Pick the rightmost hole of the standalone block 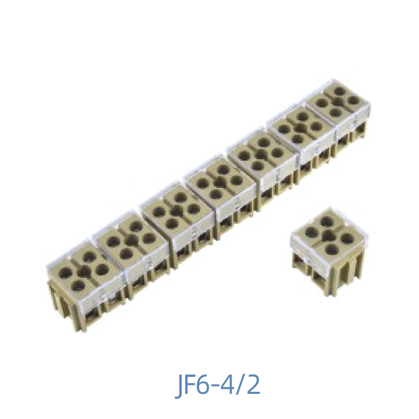[x=347, y=239]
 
